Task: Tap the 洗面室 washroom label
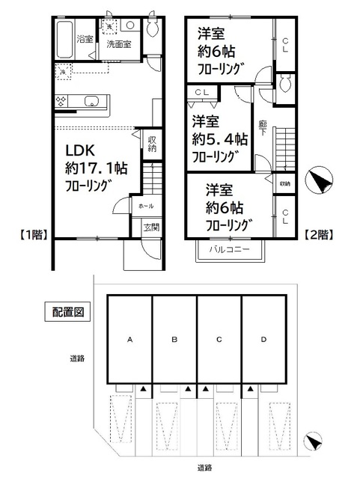[118, 44]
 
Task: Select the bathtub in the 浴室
[65, 35]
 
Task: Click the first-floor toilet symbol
[153, 28]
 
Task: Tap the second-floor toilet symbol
[286, 86]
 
